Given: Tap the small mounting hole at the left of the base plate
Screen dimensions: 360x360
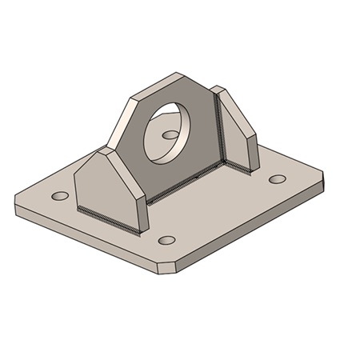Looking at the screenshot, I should [x=59, y=196].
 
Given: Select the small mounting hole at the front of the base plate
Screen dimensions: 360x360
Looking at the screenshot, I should [x=166, y=240].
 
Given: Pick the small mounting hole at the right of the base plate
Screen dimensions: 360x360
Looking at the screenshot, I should [x=278, y=179].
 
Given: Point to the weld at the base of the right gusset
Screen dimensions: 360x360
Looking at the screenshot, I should [x=240, y=169].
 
